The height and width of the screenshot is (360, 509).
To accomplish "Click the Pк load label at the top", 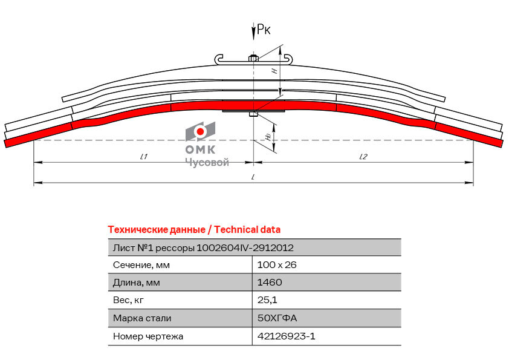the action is click(263, 30).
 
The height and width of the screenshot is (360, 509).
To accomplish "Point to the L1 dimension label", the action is click(143, 157).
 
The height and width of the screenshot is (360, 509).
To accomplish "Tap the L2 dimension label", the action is click(363, 157).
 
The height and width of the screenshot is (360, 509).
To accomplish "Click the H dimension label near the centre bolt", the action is click(274, 70).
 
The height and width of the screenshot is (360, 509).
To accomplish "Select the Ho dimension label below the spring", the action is click(268, 137).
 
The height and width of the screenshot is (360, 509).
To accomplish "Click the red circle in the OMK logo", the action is click(200, 131).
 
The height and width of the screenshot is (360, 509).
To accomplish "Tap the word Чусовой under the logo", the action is click(207, 162).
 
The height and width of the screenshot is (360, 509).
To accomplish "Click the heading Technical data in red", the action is click(247, 230).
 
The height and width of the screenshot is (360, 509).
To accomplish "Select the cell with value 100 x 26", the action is click(277, 265).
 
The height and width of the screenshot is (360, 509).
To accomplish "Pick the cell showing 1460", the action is click(270, 283).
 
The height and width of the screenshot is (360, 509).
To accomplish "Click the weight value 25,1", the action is click(267, 300).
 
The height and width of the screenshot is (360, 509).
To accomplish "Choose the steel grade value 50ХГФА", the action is click(277, 318).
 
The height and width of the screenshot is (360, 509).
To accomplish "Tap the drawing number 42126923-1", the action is click(286, 336).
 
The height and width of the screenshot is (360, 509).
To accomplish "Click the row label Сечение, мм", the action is click(141, 265).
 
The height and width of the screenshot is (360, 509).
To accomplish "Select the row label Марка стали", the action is click(142, 318).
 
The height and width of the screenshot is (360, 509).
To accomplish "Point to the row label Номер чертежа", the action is click(148, 336).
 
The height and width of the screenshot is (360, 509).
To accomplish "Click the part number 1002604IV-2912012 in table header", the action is click(245, 248).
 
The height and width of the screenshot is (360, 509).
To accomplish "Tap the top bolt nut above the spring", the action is click(253, 58).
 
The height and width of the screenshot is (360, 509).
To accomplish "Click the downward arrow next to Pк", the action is click(253, 31).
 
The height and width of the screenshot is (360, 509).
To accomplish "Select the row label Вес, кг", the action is click(128, 300).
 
